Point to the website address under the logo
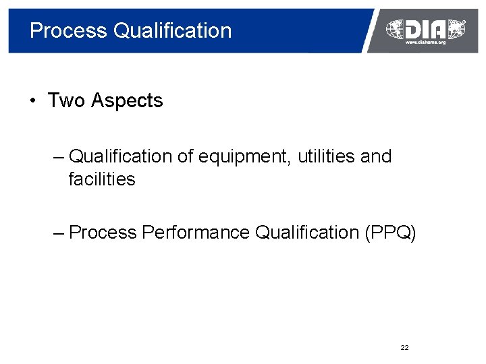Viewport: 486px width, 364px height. point(425,42)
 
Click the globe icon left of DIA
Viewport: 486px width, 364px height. point(395,28)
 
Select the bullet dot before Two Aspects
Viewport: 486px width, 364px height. point(32,102)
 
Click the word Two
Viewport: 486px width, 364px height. point(66,101)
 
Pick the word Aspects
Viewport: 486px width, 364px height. point(127,102)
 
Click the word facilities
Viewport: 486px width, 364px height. point(102,179)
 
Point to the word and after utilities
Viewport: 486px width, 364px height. point(376,156)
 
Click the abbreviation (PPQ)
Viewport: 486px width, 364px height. point(390,233)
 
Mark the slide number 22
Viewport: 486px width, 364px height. point(404,348)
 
